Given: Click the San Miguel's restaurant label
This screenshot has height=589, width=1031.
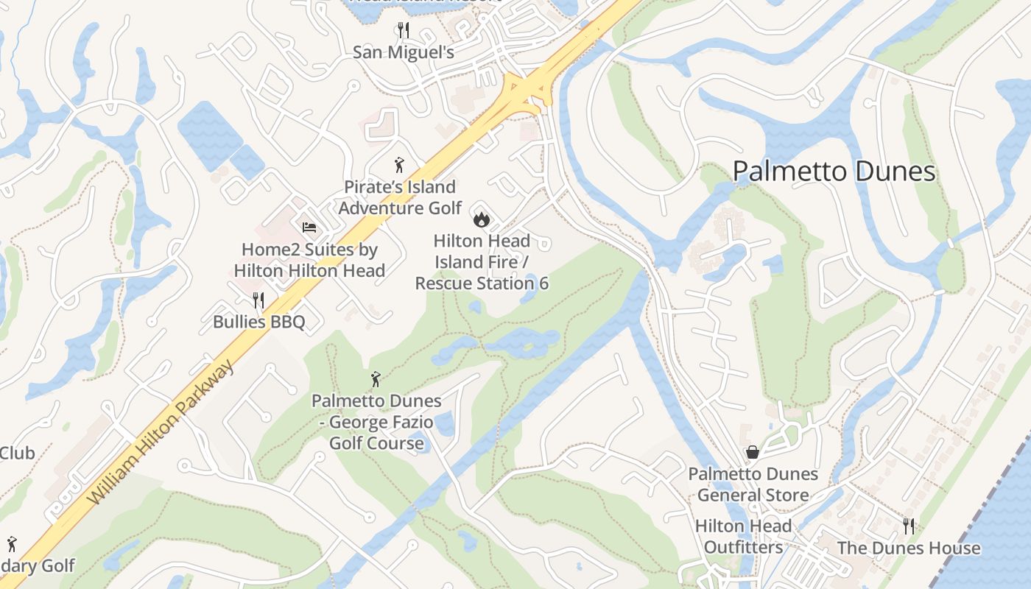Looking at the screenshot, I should pos(403,52).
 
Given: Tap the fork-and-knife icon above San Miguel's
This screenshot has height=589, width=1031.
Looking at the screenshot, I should pos(403,30).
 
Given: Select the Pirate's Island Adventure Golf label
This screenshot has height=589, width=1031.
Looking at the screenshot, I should pos(400,197).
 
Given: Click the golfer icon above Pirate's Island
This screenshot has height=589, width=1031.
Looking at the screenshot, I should pos(399,165).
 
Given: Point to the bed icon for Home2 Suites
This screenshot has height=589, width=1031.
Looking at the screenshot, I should pos(309,228).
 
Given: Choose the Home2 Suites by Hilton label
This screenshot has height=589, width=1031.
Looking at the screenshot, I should pos(309,260).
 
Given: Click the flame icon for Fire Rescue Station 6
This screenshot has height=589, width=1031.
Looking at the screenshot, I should pos(482,219).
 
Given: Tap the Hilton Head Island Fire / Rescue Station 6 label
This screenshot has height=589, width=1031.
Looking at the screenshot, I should pos(482,262).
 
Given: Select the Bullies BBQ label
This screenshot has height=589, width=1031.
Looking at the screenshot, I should pos(258,322).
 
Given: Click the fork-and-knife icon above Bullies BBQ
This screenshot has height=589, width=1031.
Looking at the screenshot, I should pos(258,300).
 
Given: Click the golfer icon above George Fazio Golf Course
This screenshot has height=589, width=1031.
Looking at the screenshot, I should pos(376,379).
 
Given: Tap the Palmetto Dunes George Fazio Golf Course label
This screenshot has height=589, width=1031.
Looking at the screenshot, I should pos(376,422).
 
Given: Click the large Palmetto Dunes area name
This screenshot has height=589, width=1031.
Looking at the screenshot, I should pos(834,172).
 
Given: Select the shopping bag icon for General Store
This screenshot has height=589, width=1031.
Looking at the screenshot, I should pos(753,452).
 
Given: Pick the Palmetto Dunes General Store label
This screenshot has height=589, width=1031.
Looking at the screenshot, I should pos(753,484).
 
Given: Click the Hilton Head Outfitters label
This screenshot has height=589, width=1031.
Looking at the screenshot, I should pos(743,537).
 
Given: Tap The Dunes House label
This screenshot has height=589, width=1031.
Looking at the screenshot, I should pos(909,549).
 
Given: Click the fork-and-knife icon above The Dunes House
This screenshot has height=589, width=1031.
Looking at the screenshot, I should pos(909,526).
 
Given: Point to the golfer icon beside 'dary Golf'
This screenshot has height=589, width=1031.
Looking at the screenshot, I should pos(11,545).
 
